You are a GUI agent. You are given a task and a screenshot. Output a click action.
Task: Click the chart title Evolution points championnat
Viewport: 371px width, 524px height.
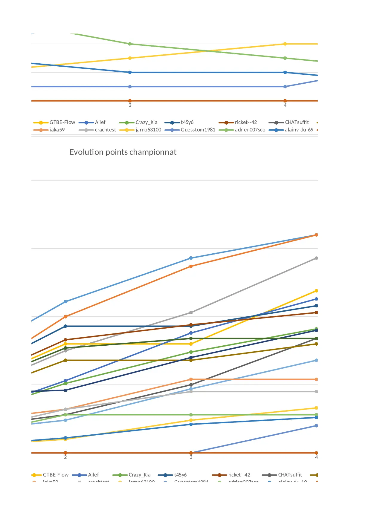[123, 152]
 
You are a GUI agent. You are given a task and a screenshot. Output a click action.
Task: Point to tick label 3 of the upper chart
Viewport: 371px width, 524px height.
[130, 105]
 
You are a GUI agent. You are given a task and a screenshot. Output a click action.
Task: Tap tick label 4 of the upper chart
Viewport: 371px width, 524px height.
[285, 105]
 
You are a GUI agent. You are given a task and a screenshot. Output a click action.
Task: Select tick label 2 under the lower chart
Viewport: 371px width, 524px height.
[65, 457]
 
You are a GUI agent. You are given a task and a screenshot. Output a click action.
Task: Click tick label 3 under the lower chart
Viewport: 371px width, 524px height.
[191, 457]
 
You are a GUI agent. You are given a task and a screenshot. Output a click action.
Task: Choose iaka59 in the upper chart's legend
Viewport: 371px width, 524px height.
[57, 130]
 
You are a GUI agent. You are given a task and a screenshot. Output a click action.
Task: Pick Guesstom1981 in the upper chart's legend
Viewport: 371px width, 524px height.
[198, 130]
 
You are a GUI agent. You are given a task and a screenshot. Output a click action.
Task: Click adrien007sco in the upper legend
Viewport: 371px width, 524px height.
[250, 130]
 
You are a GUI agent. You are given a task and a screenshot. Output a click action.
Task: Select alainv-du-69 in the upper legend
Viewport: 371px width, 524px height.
[299, 130]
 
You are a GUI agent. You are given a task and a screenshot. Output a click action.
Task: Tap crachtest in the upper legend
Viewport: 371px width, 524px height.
[105, 130]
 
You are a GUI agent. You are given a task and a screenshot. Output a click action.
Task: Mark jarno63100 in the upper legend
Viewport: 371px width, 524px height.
[148, 130]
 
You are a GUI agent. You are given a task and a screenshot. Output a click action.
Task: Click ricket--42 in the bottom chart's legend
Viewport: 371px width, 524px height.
[239, 475]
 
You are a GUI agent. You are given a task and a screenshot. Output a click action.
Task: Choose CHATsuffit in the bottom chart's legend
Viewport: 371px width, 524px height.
[290, 475]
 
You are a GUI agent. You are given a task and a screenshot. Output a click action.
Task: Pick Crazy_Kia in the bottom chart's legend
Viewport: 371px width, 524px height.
[140, 475]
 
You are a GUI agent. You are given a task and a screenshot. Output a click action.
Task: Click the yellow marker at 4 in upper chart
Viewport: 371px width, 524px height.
[285, 44]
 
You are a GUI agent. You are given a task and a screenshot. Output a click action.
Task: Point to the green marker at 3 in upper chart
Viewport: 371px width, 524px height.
[130, 44]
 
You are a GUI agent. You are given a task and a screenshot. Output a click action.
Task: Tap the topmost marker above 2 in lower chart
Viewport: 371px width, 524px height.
[65, 302]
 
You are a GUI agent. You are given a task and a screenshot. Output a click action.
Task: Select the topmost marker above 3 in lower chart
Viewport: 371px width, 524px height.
[191, 258]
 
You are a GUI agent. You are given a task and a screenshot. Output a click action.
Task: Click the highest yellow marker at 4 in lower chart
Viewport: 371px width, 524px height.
[316, 291]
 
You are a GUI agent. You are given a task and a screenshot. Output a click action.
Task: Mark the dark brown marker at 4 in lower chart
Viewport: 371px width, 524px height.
[316, 313]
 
